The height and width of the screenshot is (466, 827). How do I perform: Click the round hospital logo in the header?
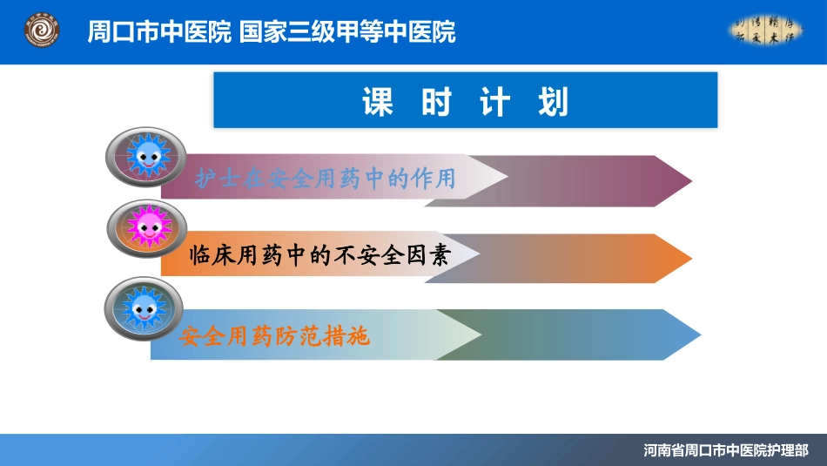[41, 32]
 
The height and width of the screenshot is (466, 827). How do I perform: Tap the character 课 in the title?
[378, 102]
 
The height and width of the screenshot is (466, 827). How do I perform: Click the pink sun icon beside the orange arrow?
[145, 229]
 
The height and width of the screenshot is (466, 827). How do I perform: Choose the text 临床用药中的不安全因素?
[319, 256]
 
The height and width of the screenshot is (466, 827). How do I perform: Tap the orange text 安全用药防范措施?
[275, 335]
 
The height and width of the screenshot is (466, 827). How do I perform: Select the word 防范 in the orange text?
[299, 335]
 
